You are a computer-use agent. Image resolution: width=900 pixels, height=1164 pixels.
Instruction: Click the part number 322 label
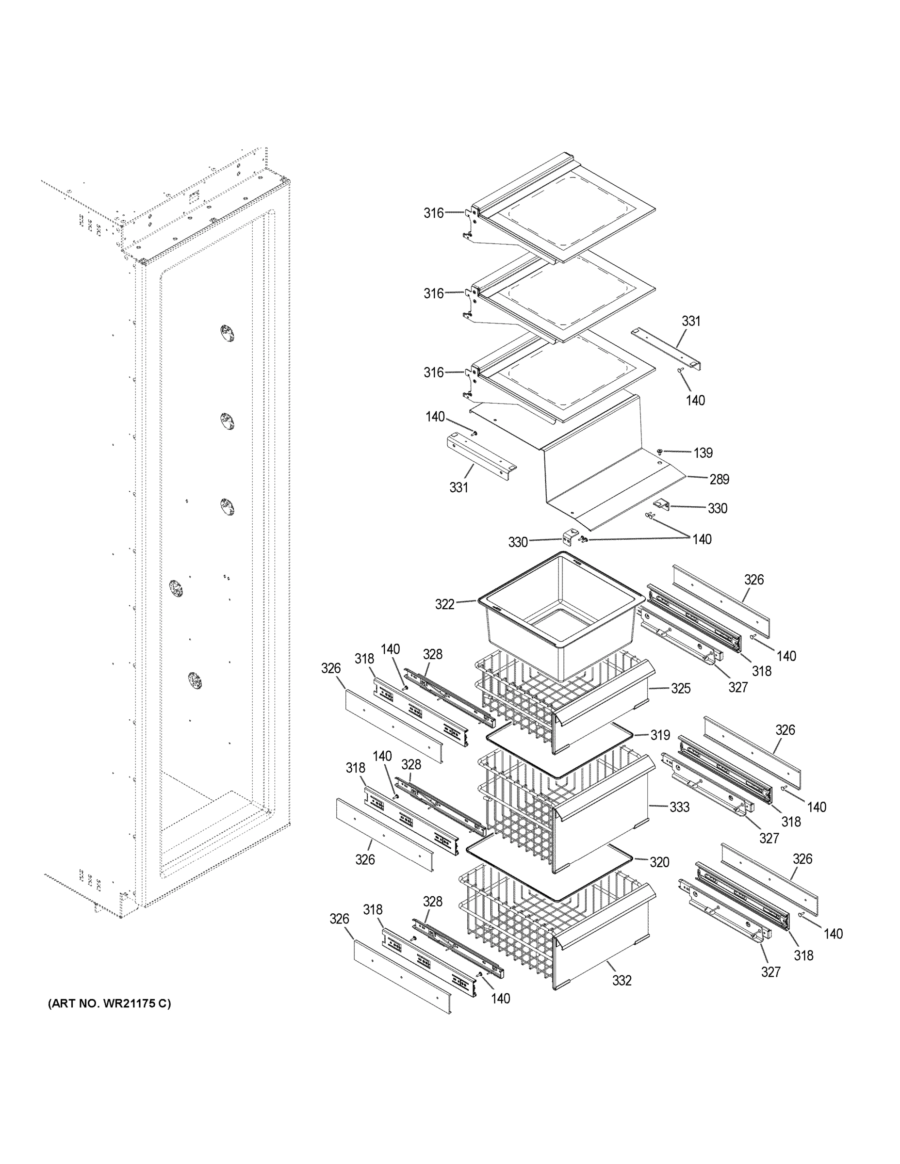(x=445, y=604)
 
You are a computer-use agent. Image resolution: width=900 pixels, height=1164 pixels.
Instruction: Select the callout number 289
(x=719, y=479)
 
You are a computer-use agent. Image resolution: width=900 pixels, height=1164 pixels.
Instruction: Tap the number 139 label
(x=703, y=453)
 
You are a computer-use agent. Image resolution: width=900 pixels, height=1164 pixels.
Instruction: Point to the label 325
(x=680, y=688)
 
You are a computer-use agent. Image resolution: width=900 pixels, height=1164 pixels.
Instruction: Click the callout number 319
(x=659, y=735)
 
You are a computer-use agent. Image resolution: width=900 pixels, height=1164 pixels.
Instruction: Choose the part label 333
(x=679, y=807)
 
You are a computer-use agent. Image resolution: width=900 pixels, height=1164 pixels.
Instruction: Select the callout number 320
(x=659, y=862)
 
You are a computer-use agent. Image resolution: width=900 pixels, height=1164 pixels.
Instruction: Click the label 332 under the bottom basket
(x=622, y=980)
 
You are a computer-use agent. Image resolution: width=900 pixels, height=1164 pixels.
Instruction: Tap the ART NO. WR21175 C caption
(x=109, y=1003)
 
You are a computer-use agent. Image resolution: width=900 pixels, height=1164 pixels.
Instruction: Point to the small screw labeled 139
(x=660, y=452)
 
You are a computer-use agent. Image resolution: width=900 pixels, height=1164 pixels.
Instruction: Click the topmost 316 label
(x=433, y=213)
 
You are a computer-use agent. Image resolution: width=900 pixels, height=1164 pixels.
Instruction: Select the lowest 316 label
(x=433, y=372)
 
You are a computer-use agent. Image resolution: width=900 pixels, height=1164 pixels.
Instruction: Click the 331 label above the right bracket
(x=691, y=321)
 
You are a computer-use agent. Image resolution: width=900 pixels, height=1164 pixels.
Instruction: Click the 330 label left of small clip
(x=517, y=542)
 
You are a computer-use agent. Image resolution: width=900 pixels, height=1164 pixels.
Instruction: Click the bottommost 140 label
(x=500, y=998)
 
